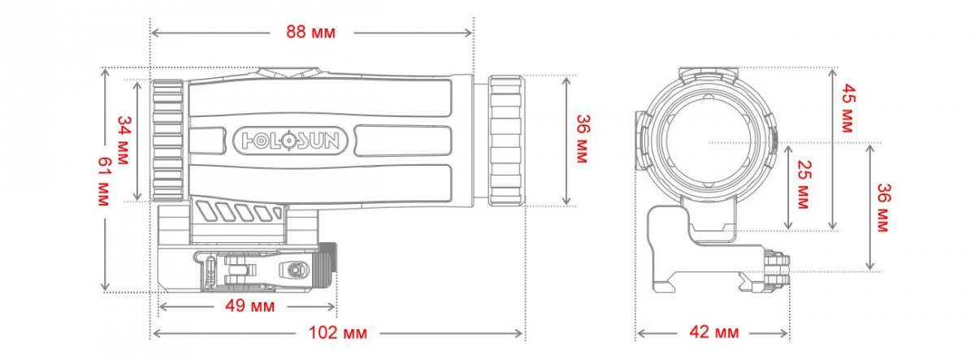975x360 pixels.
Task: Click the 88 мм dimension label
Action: click(310, 33)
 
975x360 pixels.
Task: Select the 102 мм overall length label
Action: click(338, 333)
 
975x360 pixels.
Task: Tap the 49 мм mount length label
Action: click(250, 306)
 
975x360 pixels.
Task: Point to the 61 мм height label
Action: click(105, 180)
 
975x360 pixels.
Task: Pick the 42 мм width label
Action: click(714, 332)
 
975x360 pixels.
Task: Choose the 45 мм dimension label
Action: click(847, 108)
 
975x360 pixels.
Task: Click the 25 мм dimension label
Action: click(804, 184)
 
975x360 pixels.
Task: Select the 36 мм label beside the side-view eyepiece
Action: click(583, 138)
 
